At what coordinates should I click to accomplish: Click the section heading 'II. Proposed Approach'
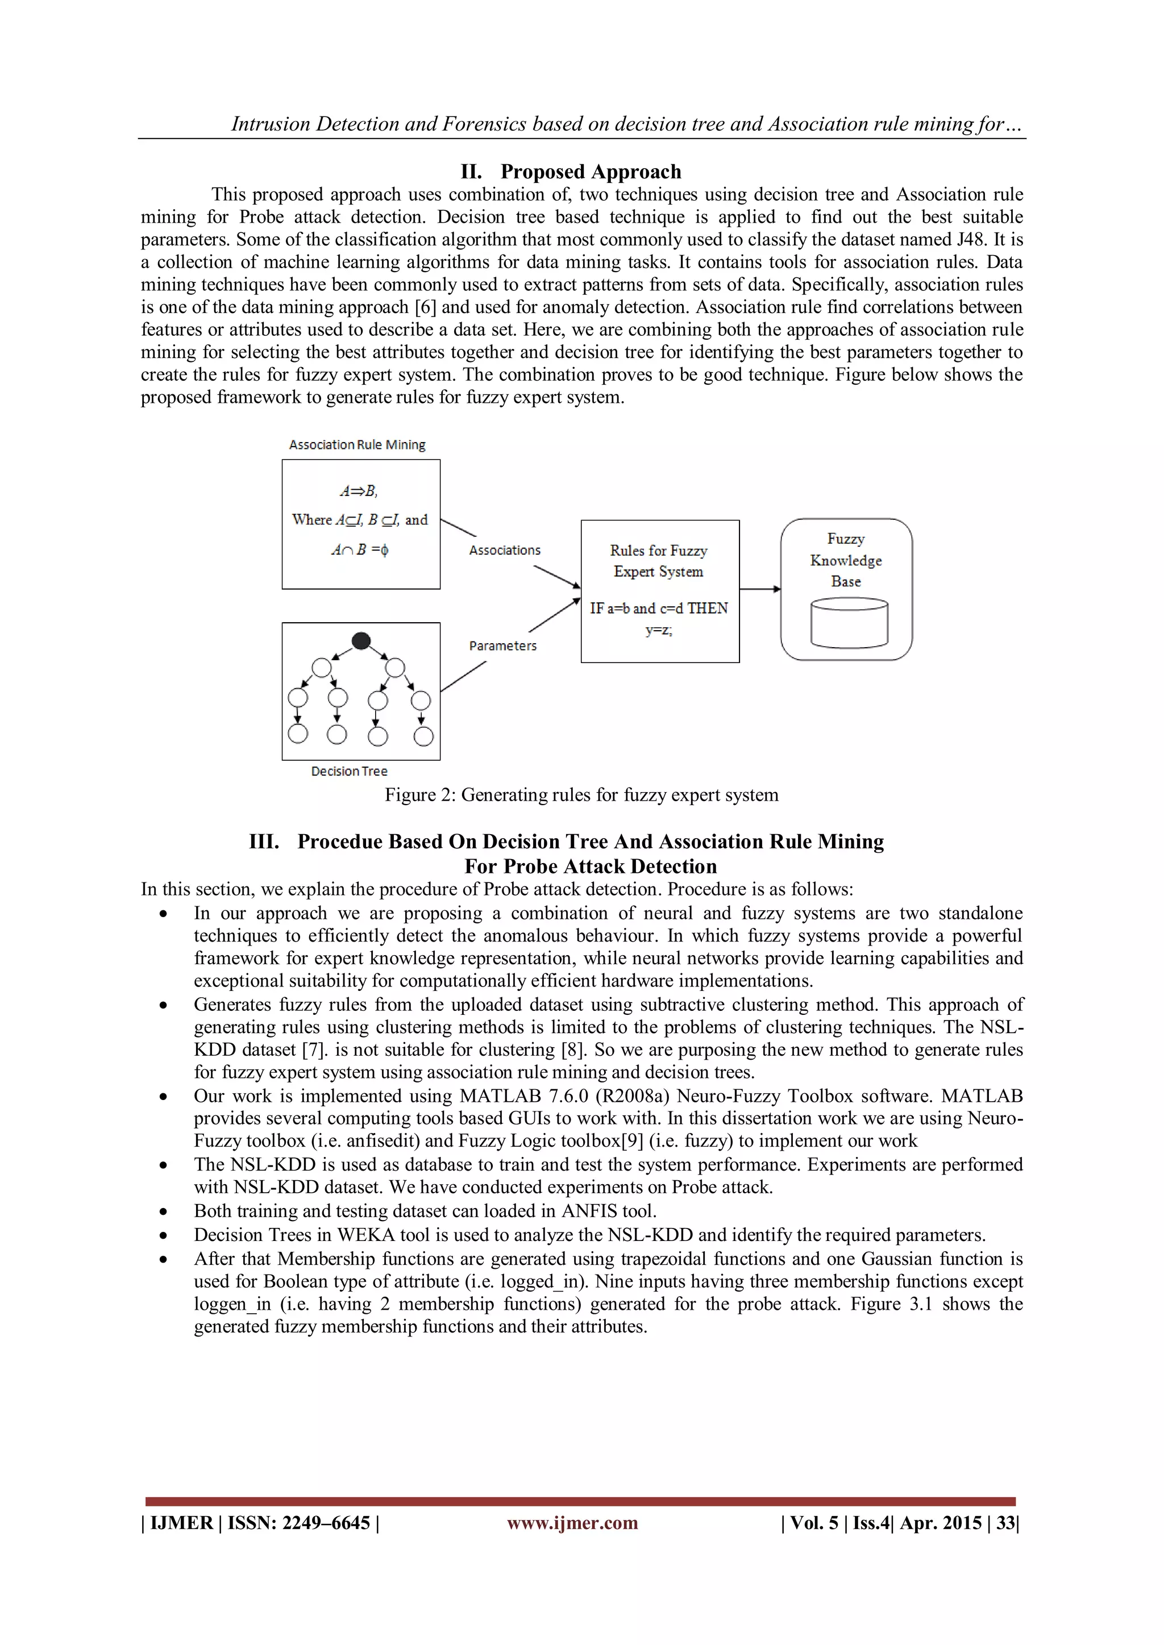tap(571, 172)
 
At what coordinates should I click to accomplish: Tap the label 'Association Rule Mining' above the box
tap(357, 445)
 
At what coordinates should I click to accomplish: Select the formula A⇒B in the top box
tap(359, 492)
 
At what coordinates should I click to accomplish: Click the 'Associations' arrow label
tap(505, 550)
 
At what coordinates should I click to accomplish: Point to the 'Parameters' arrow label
tap(502, 646)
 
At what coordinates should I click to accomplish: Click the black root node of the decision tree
tap(361, 640)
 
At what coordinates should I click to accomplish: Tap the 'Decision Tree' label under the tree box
tap(349, 772)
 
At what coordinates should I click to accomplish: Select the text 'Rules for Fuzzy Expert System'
tap(659, 561)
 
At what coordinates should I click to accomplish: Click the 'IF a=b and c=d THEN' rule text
tap(659, 608)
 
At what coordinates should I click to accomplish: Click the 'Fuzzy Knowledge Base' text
tap(846, 560)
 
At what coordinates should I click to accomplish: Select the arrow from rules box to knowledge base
tap(760, 589)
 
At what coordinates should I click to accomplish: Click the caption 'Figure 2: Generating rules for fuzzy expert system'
tap(581, 796)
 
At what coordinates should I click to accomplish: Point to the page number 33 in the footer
tap(1005, 1523)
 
